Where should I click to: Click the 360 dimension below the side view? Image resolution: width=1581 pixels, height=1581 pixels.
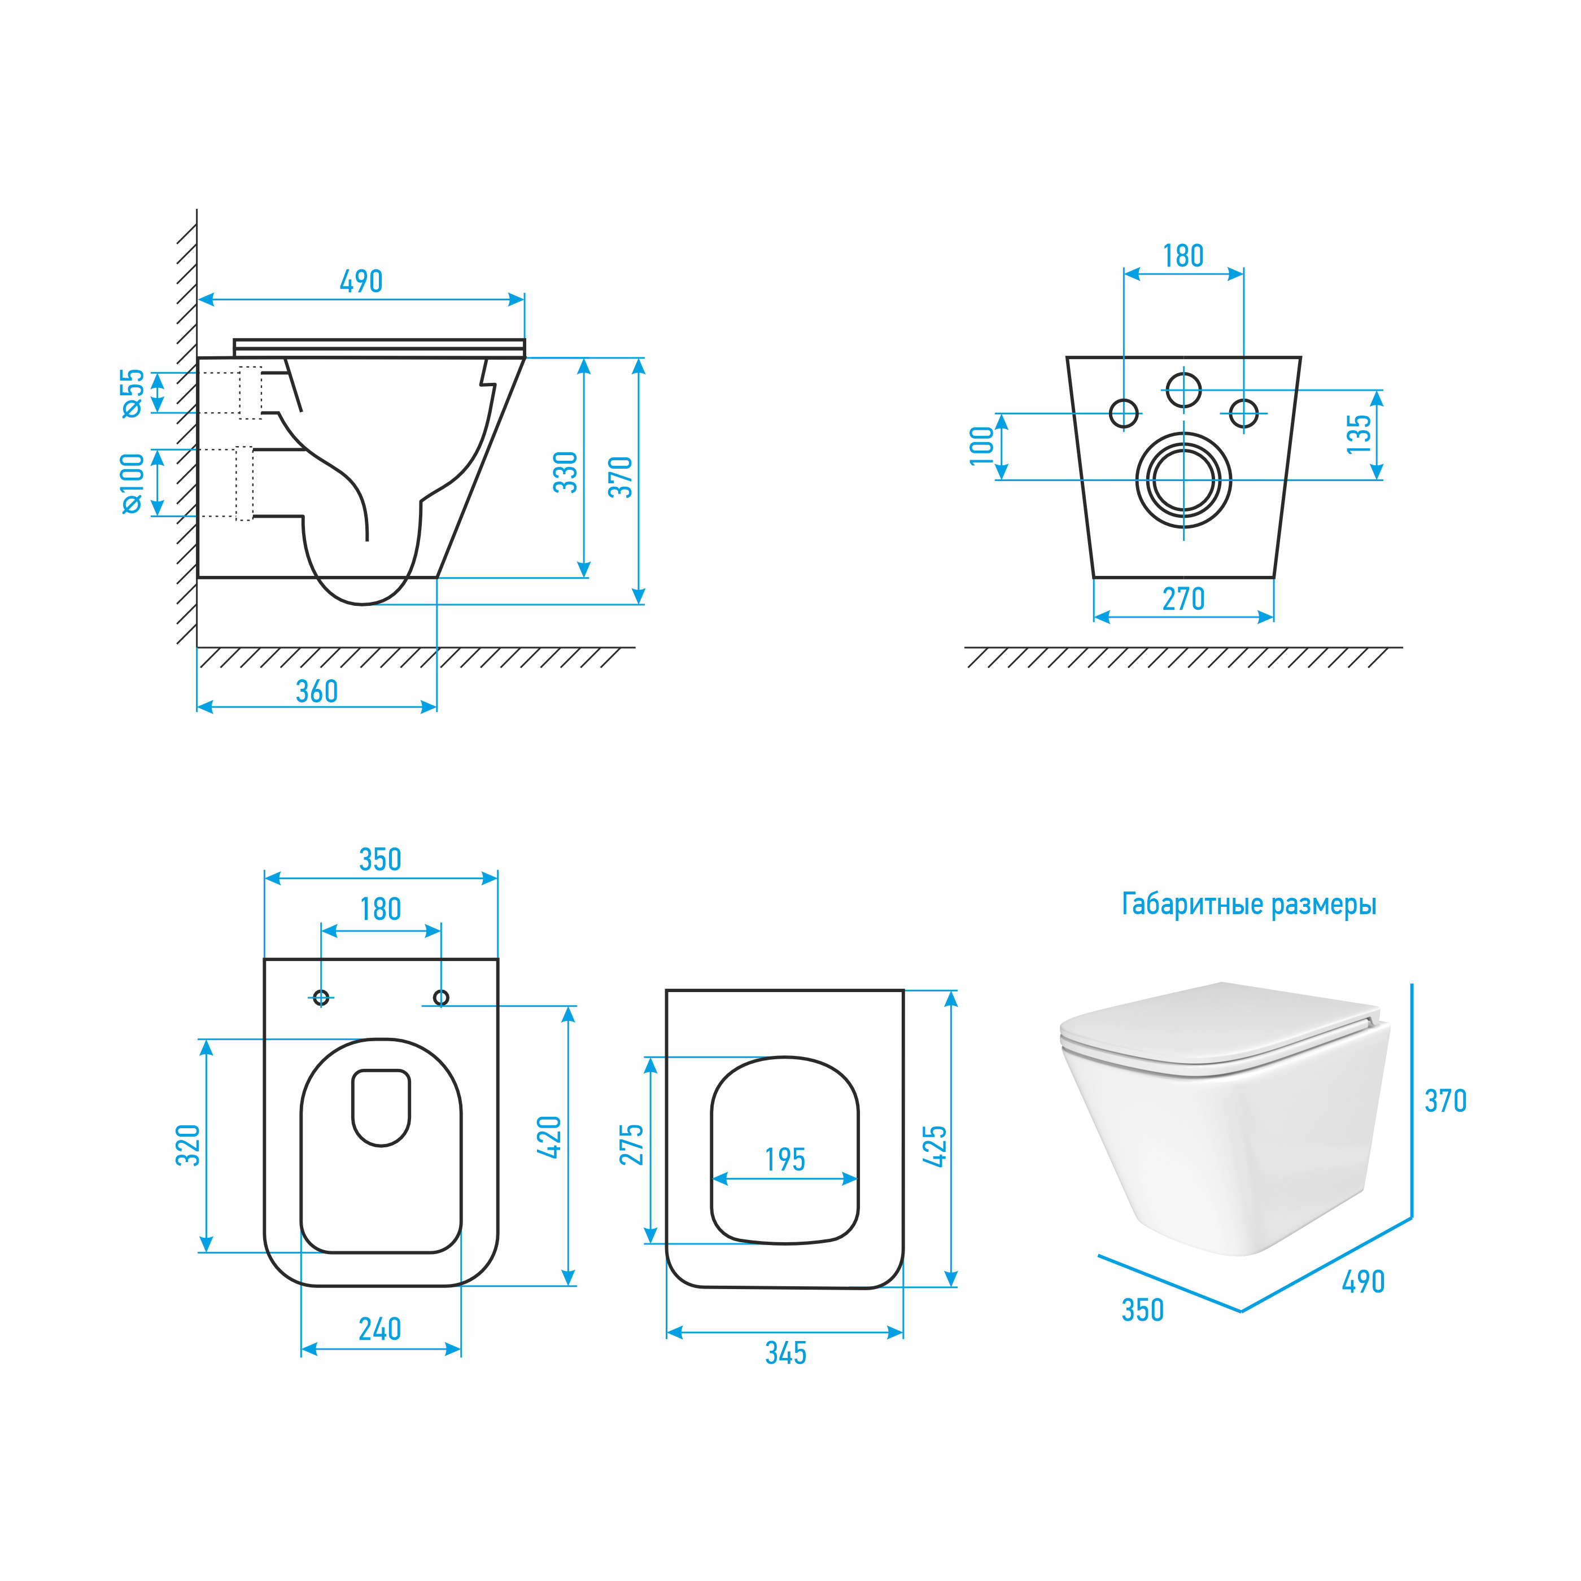click(317, 692)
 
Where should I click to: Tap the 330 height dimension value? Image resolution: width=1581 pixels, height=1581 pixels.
click(565, 472)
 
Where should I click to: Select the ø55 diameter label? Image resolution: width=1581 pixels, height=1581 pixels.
click(133, 393)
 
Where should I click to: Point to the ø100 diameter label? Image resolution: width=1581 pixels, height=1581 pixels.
click(133, 484)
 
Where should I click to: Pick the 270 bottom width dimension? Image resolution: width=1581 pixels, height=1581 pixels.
click(1183, 599)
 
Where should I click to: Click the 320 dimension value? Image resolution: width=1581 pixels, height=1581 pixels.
click(188, 1145)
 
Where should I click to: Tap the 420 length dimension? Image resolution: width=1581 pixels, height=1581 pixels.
click(549, 1137)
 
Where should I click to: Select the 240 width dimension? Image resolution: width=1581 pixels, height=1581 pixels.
click(379, 1328)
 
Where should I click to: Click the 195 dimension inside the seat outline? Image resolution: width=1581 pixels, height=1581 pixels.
click(785, 1160)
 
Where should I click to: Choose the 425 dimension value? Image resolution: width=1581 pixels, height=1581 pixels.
click(934, 1146)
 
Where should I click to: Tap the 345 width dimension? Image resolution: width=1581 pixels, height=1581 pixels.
click(785, 1353)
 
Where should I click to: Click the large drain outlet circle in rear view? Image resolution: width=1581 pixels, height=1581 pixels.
click(1183, 481)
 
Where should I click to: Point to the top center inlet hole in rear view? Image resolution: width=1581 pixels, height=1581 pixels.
click(1183, 390)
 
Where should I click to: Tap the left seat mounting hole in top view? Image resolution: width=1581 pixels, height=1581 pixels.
click(321, 998)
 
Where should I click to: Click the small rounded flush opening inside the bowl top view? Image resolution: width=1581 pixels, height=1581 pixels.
click(381, 1107)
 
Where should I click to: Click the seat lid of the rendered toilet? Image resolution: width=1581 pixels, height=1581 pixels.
click(1219, 1024)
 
